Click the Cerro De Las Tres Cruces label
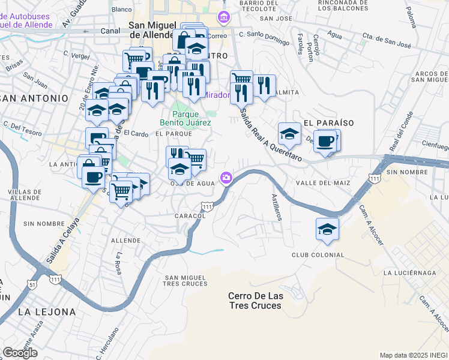tap(255, 301)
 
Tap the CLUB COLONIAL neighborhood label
tap(318, 255)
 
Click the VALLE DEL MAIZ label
tap(319, 182)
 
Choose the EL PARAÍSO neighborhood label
tap(328, 122)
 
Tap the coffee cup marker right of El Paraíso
tap(325, 142)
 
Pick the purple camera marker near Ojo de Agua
tap(226, 177)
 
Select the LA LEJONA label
tap(47, 312)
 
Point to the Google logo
tap(20, 353)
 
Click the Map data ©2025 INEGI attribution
tap(414, 355)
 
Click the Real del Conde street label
tap(400, 132)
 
